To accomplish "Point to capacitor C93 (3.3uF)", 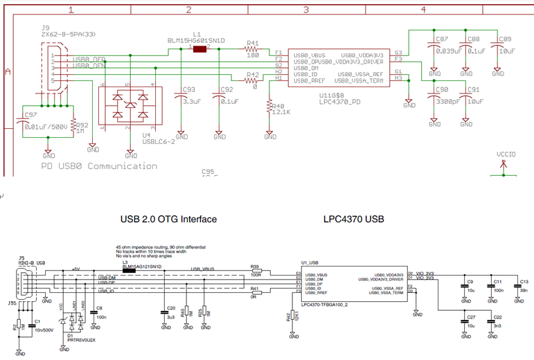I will [181, 96].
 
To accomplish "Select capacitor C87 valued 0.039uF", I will [434, 45].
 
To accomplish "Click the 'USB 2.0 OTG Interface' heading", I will [168, 219].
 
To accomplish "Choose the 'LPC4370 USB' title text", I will [353, 219].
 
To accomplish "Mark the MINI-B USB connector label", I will [31, 264].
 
